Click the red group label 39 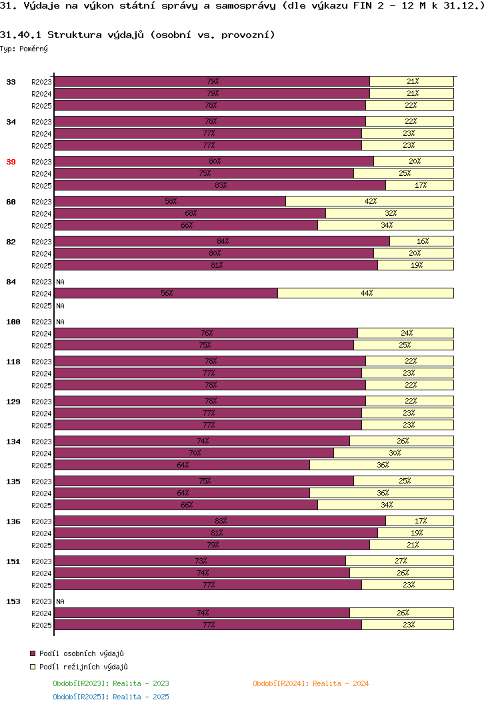11,162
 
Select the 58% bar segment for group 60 170,201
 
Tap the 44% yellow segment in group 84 365,293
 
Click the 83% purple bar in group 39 220,185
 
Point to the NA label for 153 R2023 61,601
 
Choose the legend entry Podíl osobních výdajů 77,653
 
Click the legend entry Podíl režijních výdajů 79,667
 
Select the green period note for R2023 111,683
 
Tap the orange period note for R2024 311,683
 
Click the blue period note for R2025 111,697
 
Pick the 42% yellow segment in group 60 369,201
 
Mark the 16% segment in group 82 421,241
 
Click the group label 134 13,442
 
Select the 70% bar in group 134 194,453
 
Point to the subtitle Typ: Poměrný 24,49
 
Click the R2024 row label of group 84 41,294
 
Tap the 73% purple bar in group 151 200,561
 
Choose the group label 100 13,322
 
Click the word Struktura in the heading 75,35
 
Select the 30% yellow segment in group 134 393,453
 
